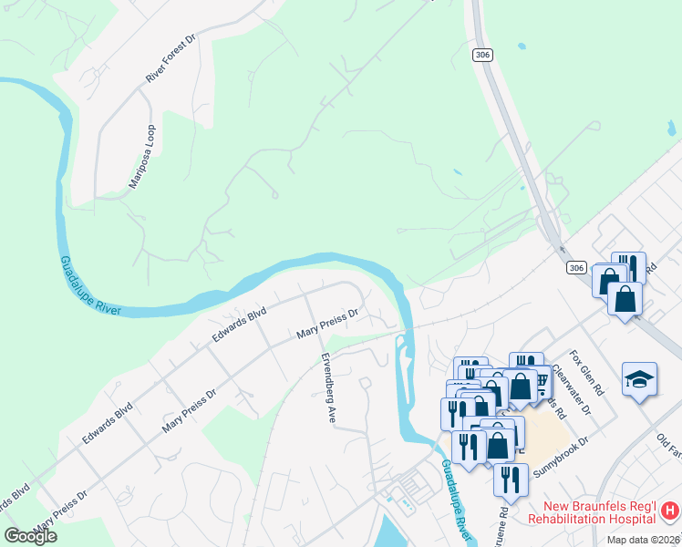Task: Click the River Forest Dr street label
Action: click(x=171, y=60)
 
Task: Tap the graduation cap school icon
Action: click(x=639, y=379)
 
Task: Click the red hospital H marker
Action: click(x=670, y=511)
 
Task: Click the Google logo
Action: click(x=31, y=536)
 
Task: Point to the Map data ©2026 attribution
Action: click(x=641, y=540)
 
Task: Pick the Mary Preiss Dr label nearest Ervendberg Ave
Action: click(x=327, y=324)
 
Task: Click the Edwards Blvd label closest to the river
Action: click(x=239, y=325)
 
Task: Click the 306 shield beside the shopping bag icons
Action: click(x=574, y=267)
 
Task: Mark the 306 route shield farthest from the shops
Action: click(x=482, y=55)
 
